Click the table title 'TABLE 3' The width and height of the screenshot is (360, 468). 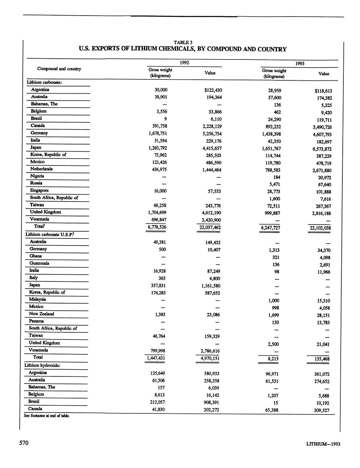(x=183, y=42)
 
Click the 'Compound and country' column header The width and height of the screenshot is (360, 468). (x=59, y=69)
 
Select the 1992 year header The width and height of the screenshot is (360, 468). (x=184, y=63)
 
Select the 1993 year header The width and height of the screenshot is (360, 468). (x=300, y=63)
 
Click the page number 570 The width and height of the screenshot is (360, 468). (x=23, y=443)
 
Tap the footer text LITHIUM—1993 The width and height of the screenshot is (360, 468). (x=323, y=444)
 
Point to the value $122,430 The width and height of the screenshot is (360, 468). (x=212, y=90)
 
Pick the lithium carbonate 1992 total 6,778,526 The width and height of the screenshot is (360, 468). (x=156, y=227)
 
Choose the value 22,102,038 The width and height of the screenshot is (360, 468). (x=320, y=228)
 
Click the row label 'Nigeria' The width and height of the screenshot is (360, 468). (x=37, y=176)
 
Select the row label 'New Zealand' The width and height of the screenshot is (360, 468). (x=41, y=314)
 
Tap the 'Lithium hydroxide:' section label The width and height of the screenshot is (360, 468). (x=43, y=365)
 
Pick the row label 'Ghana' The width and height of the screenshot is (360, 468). (x=36, y=256)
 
